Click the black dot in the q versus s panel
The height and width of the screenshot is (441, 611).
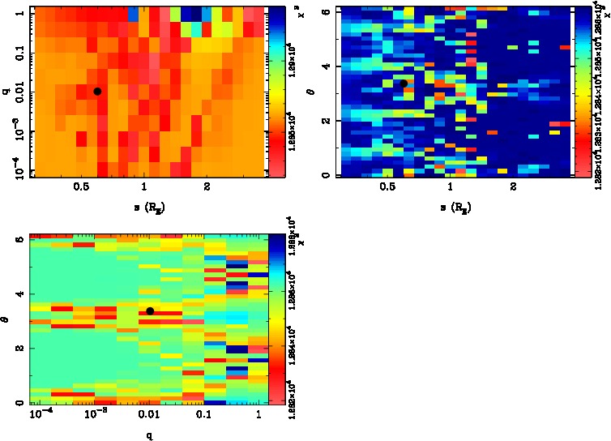point(97,91)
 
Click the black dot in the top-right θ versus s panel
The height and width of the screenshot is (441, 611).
point(403,83)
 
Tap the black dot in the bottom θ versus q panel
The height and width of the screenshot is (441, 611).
point(150,311)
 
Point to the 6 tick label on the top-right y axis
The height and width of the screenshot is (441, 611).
point(324,11)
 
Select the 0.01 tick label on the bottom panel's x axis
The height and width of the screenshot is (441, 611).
point(149,414)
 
